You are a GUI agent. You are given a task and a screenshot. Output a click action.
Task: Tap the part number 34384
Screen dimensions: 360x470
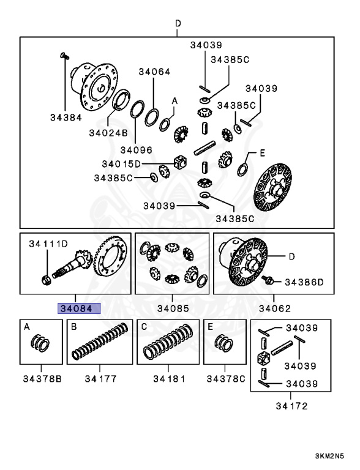pos(66,117)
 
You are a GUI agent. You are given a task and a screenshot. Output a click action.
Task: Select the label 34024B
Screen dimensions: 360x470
pos(108,133)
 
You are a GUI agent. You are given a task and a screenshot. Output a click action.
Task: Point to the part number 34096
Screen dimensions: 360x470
pos(136,149)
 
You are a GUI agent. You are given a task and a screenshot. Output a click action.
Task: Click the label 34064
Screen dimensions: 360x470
pos(154,72)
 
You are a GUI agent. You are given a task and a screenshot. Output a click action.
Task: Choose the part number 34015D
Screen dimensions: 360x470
pos(121,164)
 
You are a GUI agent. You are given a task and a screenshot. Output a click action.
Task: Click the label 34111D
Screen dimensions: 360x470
pos(48,244)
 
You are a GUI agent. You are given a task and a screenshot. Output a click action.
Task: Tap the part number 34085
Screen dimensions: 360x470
pos(173,308)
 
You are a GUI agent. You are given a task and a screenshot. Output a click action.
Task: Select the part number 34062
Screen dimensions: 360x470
pos(275,308)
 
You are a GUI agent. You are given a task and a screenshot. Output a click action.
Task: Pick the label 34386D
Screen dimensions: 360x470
pos(304,282)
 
